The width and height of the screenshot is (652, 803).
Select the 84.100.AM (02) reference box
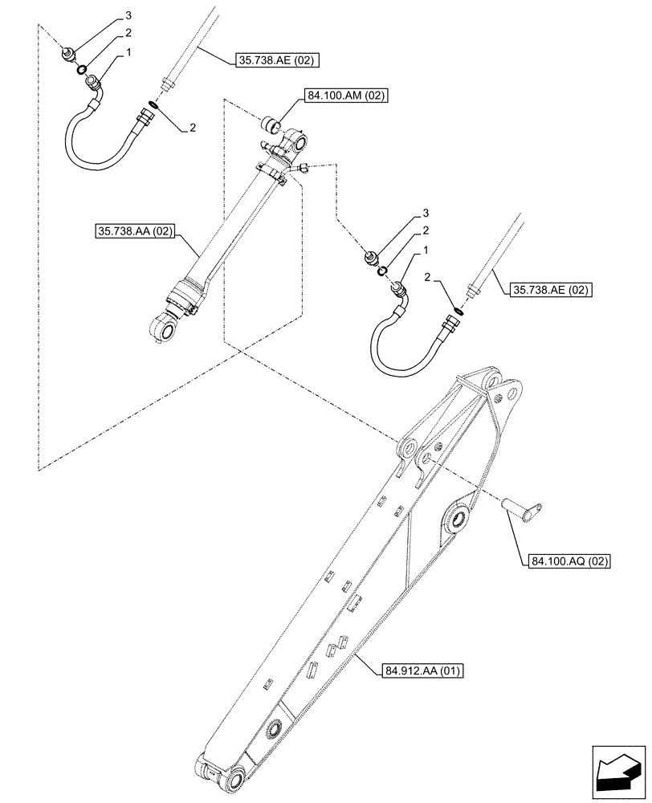click(346, 96)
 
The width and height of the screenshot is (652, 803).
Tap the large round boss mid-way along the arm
click(459, 516)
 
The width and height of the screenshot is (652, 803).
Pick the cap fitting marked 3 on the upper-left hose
click(69, 54)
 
